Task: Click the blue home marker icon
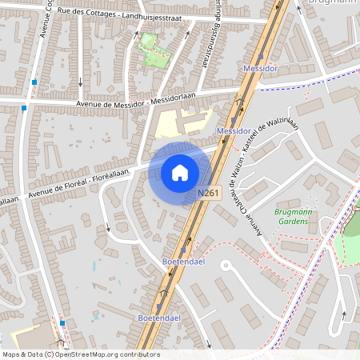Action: click(x=180, y=172)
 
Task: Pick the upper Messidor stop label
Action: click(x=260, y=68)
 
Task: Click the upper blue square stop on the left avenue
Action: click(x=34, y=82)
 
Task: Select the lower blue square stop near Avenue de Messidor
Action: click(x=25, y=107)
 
